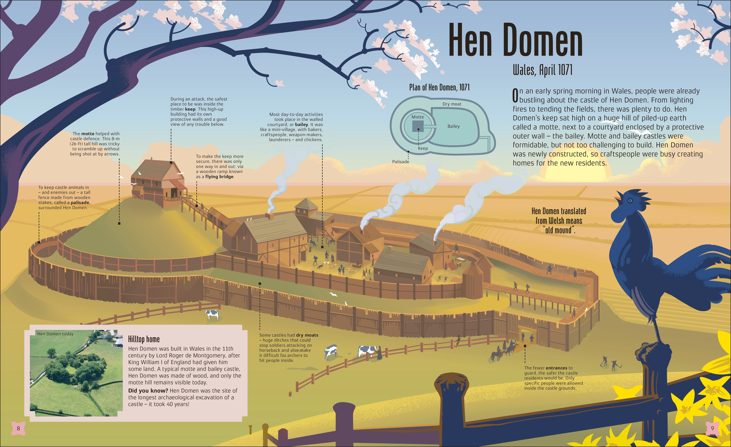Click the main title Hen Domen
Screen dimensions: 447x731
click(x=515, y=40)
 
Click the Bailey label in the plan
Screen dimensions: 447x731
click(x=453, y=126)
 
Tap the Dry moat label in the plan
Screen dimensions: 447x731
click(x=452, y=104)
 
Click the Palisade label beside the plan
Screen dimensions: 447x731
click(x=400, y=162)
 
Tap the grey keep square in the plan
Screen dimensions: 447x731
click(x=418, y=126)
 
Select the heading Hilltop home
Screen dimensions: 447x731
click(x=144, y=339)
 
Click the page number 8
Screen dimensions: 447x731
click(x=18, y=428)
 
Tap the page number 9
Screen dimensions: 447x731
click(x=712, y=428)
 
